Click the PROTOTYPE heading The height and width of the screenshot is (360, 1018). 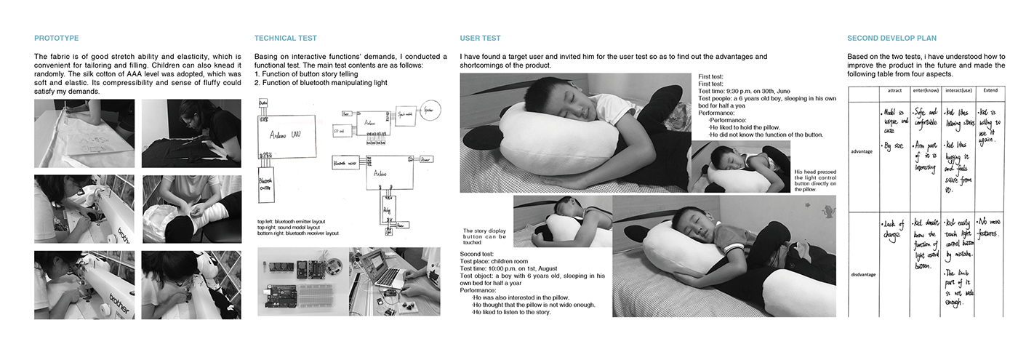pyautogui.click(x=56, y=38)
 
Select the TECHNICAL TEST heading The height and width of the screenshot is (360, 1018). pyautogui.click(x=285, y=38)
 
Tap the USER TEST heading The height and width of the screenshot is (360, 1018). pyautogui.click(x=480, y=38)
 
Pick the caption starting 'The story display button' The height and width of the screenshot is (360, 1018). pyautogui.click(x=486, y=236)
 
